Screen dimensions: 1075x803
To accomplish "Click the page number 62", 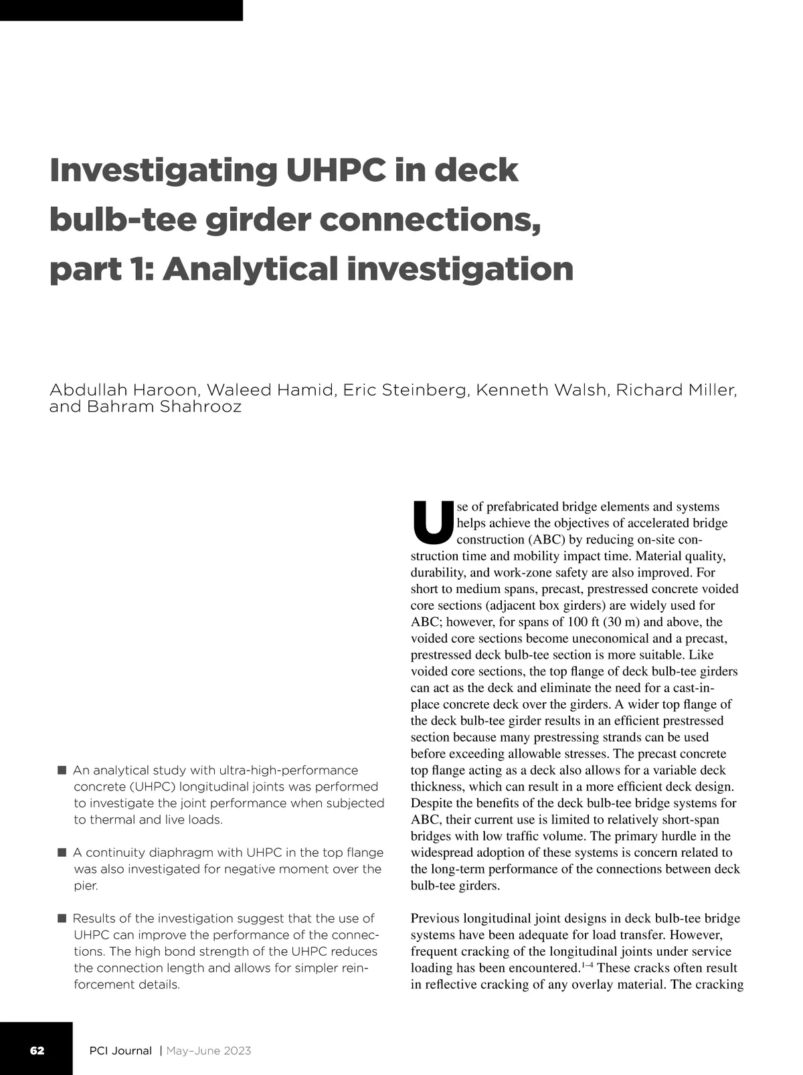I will click(x=37, y=1050).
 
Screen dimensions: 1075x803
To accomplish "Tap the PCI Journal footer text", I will click(x=120, y=1050).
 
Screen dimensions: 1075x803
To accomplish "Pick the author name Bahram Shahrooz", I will click(x=165, y=406).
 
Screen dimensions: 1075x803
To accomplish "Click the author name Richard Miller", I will click(x=676, y=390).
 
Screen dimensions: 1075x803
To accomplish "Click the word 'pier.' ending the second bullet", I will click(x=86, y=886).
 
